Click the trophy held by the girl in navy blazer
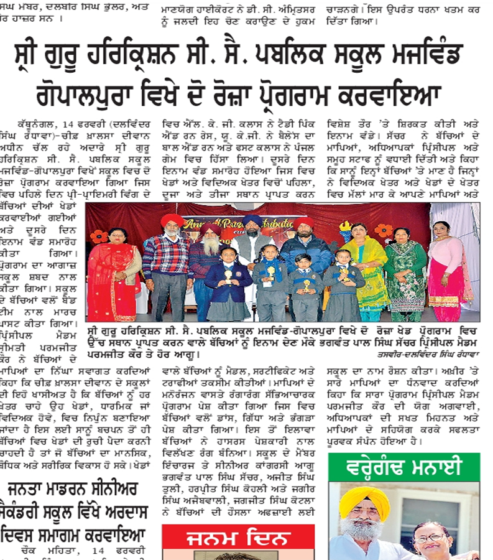coord(228,274)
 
